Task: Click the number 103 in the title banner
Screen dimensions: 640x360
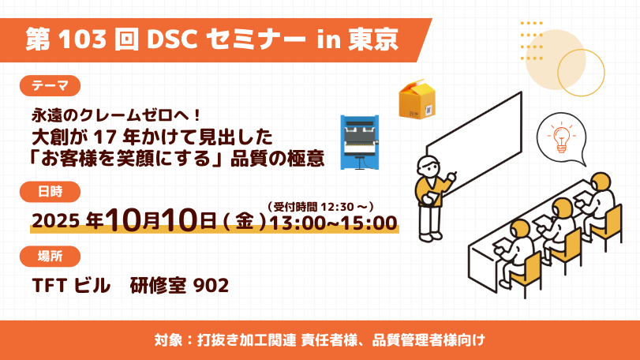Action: (83, 39)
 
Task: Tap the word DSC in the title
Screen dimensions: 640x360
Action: (173, 39)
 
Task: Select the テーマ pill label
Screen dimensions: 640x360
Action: (51, 86)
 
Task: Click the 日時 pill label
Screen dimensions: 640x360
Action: (51, 191)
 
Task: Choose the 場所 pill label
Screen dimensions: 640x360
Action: (51, 257)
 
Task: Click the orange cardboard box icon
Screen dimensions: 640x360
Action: (417, 99)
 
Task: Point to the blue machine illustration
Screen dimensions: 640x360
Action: (360, 142)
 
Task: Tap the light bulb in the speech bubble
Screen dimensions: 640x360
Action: (562, 139)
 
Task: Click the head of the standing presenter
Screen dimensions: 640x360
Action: (429, 166)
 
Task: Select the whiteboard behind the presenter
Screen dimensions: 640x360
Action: (473, 144)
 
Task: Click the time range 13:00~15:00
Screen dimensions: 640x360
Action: (333, 223)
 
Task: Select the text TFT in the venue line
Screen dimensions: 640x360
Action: (50, 285)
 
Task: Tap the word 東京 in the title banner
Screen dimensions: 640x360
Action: (373, 39)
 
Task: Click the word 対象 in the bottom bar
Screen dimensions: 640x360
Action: (168, 340)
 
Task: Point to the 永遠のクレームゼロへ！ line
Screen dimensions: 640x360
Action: (116, 115)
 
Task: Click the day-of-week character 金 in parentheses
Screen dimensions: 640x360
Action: (245, 222)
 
